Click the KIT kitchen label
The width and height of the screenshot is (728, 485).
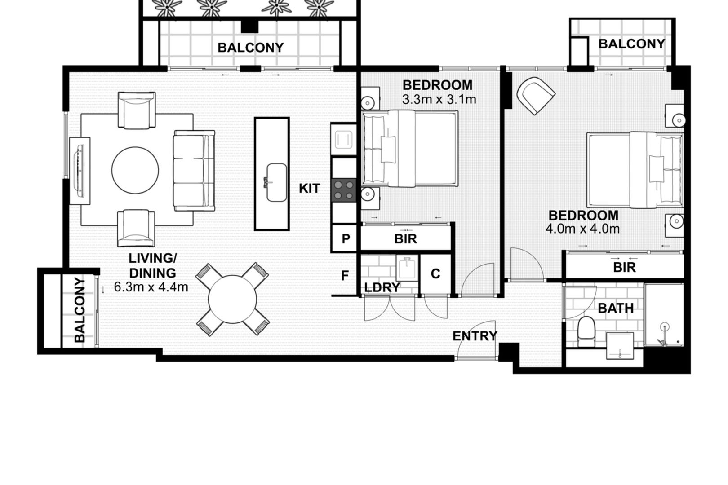pos(309,189)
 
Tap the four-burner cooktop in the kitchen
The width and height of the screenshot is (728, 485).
pos(344,190)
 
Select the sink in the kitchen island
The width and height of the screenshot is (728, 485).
pos(276,182)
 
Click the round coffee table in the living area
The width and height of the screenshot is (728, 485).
pos(135,170)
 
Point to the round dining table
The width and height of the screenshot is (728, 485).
pos(232,299)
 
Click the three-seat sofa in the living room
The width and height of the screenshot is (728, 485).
pos(194,170)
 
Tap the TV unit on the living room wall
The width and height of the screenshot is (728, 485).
pos(80,171)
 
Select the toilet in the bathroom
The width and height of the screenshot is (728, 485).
pos(586,331)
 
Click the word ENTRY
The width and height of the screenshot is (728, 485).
pos(475,336)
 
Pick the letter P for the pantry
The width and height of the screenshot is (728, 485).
pos(346,239)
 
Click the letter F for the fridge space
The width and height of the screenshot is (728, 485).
pos(345,276)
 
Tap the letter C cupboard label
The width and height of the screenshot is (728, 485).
pos(435,274)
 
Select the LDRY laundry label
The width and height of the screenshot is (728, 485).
pos(382,287)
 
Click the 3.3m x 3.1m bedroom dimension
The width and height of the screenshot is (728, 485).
pos(439,99)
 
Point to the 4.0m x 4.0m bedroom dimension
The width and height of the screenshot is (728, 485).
pos(582,229)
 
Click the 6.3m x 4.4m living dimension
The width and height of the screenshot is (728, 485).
pos(151,287)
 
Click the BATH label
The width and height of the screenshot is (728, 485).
pos(616,308)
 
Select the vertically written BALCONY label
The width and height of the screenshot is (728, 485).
pos(80,310)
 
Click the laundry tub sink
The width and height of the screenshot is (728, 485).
pos(407,268)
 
